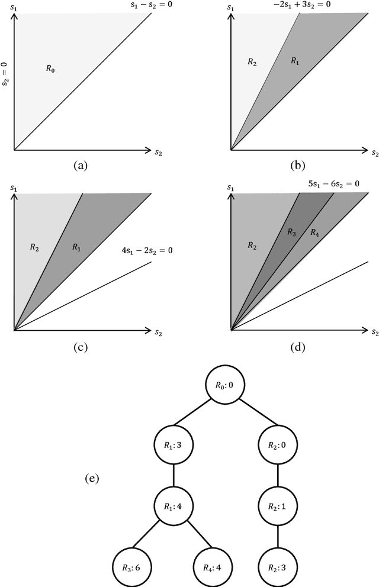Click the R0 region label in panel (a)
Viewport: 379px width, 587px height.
(x=52, y=69)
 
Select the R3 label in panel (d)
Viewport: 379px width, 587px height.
(x=291, y=233)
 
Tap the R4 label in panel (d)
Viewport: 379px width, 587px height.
(x=315, y=233)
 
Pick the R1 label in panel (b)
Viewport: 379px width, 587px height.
(x=294, y=61)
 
